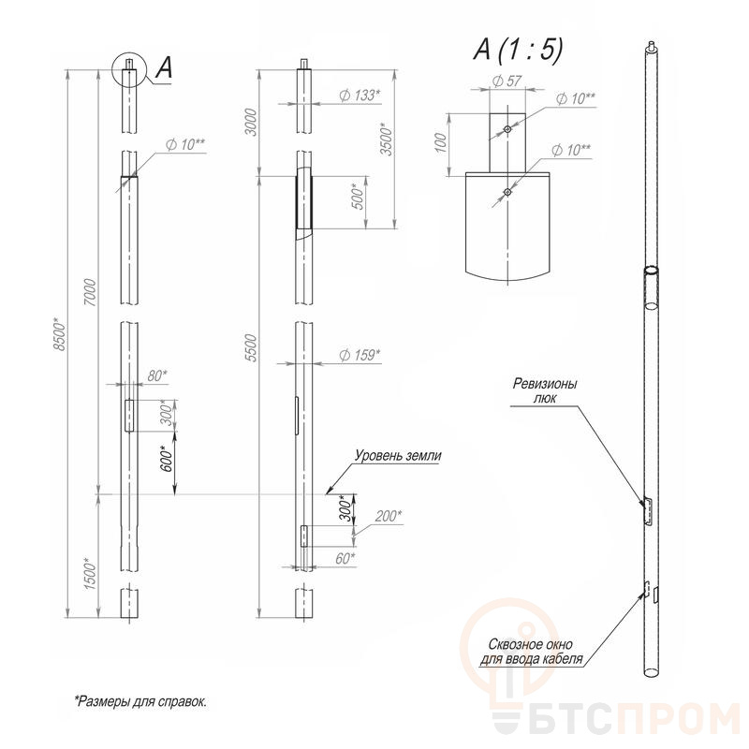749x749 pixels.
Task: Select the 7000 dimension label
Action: click(90, 293)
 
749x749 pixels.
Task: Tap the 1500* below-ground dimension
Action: click(90, 573)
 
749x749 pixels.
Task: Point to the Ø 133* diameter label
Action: click(360, 95)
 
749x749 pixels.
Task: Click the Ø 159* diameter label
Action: click(360, 355)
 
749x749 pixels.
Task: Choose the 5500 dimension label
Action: click(250, 347)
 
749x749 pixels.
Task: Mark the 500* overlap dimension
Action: click(358, 197)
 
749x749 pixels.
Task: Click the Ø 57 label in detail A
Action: click(507, 81)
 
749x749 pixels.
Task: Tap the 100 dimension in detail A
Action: click(441, 143)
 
